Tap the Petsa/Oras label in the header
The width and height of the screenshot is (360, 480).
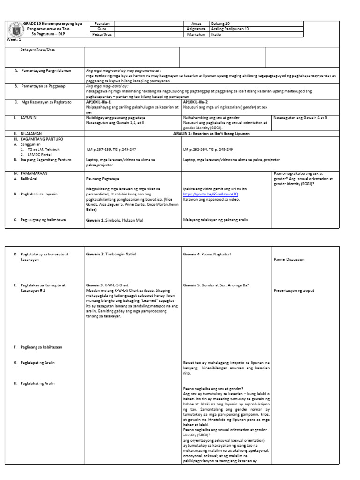pyautogui.click(x=102, y=35)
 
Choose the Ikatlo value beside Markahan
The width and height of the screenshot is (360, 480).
pyautogui.click(x=217, y=35)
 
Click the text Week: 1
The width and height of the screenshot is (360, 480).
pyautogui.click(x=14, y=40)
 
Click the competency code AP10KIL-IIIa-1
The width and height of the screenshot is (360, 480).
pyautogui.click(x=98, y=101)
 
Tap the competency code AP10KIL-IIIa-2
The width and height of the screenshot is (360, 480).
pyautogui.click(x=195, y=101)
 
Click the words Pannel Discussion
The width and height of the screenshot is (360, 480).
pyautogui.click(x=289, y=259)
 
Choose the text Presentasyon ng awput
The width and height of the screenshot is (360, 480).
pyautogui.click(x=293, y=290)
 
